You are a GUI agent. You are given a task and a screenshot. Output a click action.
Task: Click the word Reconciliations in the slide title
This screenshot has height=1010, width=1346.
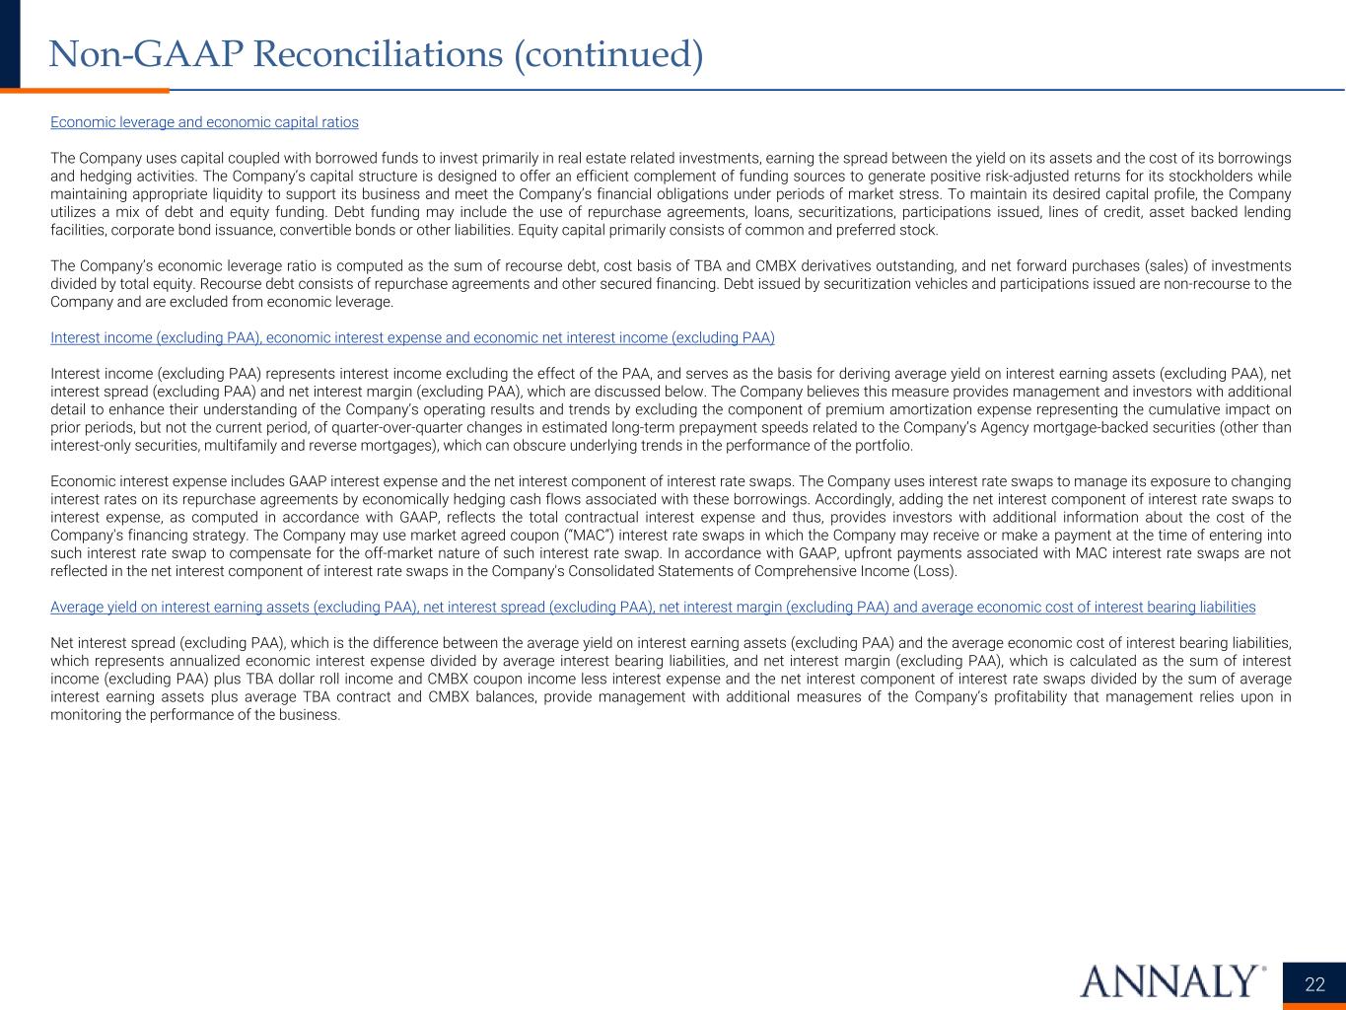click(377, 54)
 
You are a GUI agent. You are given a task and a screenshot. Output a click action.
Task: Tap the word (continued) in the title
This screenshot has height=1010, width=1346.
click(608, 54)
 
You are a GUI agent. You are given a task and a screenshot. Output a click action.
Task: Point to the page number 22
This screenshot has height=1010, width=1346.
click(1314, 984)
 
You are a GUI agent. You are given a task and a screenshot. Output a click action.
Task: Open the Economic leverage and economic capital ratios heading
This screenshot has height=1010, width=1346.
click(204, 122)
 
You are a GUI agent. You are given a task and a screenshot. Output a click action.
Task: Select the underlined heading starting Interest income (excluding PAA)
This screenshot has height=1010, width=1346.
click(412, 337)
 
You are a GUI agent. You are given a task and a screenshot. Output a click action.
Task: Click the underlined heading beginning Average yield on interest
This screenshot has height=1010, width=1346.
click(653, 607)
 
